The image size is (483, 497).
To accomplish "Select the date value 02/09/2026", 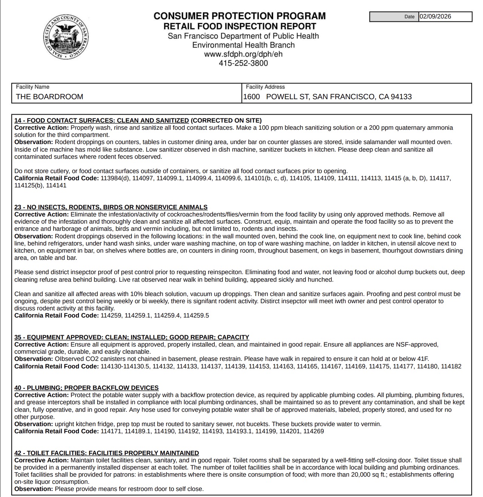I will (435, 17).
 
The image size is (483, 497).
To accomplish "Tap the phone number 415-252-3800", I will (243, 63).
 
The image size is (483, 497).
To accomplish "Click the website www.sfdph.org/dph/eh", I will (243, 54).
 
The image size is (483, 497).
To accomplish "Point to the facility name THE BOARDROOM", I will (49, 97).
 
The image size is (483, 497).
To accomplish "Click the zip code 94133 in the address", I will (401, 97).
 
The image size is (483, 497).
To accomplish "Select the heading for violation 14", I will (102, 120).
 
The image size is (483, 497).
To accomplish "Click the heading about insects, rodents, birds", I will (111, 207).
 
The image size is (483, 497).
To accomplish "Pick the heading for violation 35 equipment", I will (132, 337).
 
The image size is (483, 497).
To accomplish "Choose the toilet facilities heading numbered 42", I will (106, 453).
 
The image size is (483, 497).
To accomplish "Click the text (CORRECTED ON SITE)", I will (226, 120).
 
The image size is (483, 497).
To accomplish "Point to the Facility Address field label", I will (265, 87).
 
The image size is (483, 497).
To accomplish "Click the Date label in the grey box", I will (409, 17).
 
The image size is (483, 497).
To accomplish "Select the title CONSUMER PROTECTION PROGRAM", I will (240, 16).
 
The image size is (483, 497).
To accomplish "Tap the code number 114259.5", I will (196, 315).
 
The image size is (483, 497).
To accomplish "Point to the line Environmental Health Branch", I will (243, 45).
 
